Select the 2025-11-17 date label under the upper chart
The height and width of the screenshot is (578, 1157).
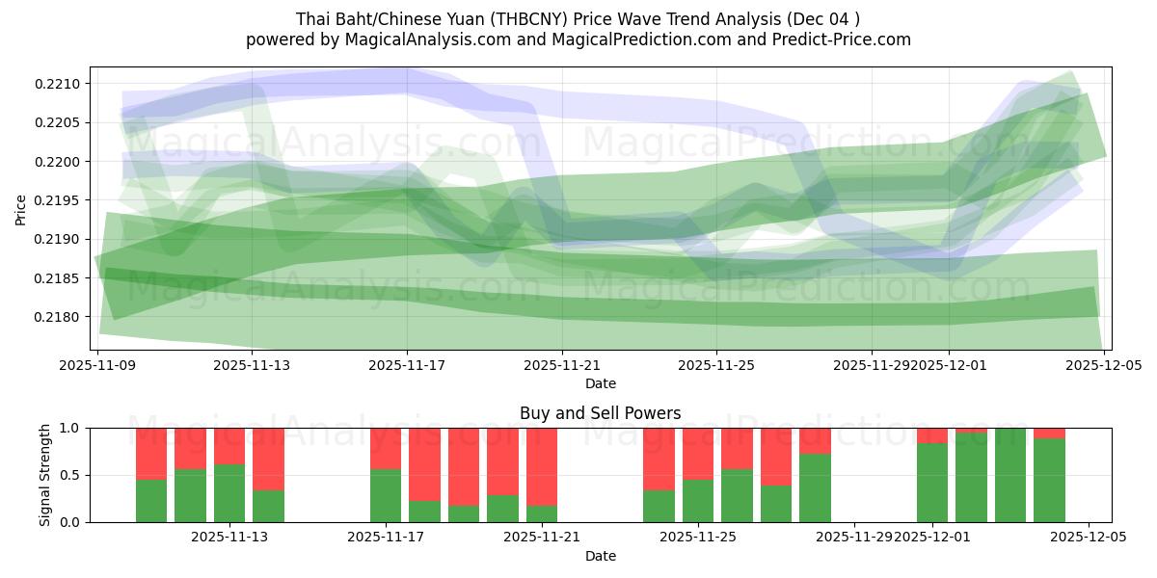pos(407,365)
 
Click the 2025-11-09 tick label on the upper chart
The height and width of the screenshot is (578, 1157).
pos(97,365)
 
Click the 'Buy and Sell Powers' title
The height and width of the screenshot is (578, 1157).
pos(600,413)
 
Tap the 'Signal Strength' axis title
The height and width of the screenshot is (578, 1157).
pos(45,475)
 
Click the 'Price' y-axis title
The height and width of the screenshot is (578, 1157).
pos(21,208)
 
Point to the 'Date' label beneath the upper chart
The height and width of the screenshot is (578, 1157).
pos(600,383)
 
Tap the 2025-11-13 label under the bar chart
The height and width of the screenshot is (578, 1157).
pos(229,538)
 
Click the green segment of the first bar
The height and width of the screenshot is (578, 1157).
pos(151,501)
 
